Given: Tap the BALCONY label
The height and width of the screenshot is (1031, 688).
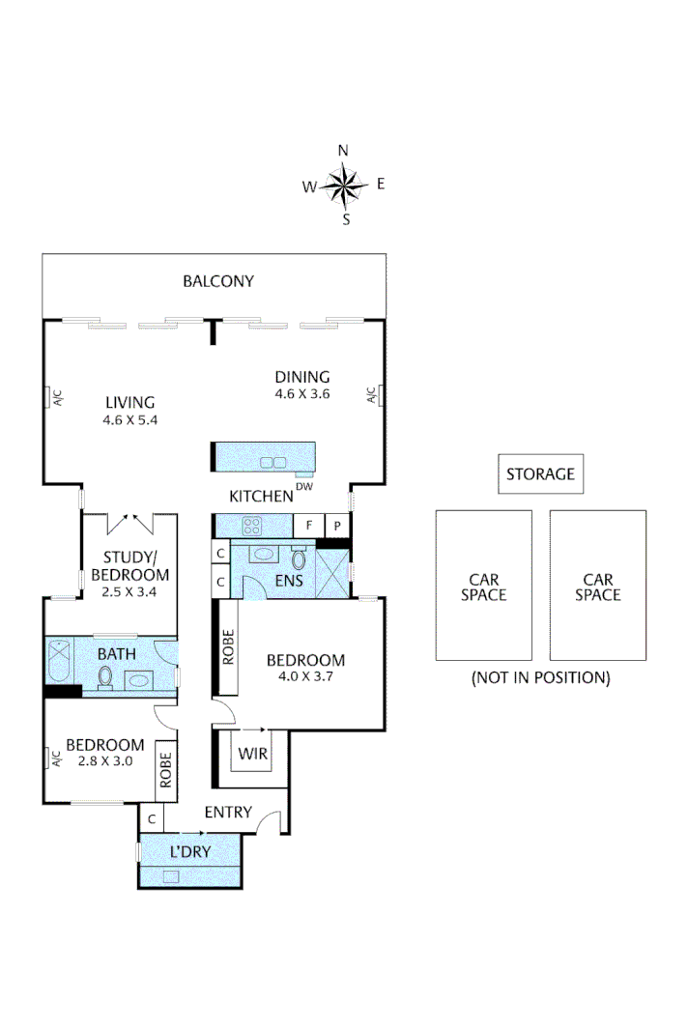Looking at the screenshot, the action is point(218,281).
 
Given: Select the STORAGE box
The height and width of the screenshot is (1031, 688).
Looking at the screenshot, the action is point(540,473).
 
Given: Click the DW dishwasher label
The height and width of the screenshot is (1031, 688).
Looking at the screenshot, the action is point(303,488).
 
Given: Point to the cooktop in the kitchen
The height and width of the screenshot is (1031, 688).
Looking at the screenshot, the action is point(253,527).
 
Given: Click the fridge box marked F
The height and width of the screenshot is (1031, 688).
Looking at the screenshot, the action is point(308,527).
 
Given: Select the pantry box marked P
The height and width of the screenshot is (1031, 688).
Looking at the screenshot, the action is point(336,527).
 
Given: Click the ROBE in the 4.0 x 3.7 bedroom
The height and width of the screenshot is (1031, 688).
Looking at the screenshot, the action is point(228,647).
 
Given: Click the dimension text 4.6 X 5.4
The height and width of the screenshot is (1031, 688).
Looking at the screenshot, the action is point(129,420).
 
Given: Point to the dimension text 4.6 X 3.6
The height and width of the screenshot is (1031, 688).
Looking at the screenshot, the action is point(301,394).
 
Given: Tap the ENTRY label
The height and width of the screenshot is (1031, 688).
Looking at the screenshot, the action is point(228,813).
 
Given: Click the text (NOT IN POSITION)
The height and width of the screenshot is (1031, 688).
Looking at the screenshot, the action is point(540,677).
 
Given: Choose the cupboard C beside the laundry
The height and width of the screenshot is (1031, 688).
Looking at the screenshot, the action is point(152,818).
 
